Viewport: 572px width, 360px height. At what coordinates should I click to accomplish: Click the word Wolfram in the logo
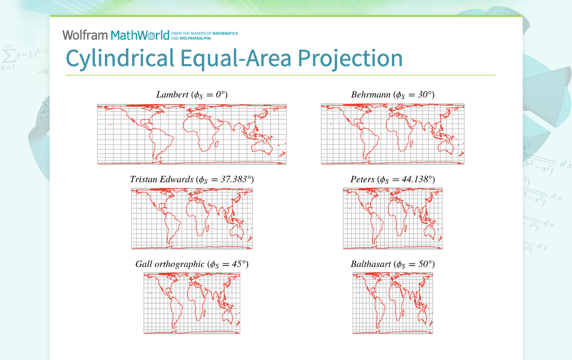click(x=85, y=35)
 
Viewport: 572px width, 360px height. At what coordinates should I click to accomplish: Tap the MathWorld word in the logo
click(x=140, y=35)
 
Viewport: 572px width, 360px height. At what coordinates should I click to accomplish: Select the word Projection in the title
click(x=350, y=58)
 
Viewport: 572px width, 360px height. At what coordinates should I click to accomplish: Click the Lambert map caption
click(x=192, y=95)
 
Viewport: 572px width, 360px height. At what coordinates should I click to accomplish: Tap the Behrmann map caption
click(x=393, y=95)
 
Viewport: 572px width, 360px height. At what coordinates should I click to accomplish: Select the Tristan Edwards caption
click(x=192, y=180)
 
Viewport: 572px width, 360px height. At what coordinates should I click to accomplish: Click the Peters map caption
click(x=393, y=180)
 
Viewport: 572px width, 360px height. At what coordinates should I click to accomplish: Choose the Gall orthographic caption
click(x=192, y=264)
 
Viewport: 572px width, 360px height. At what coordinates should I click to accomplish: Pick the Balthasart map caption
click(x=393, y=264)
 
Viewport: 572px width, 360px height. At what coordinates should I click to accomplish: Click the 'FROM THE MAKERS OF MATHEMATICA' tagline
click(x=204, y=33)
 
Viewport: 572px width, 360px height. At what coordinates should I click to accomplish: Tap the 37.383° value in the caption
click(x=236, y=179)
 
